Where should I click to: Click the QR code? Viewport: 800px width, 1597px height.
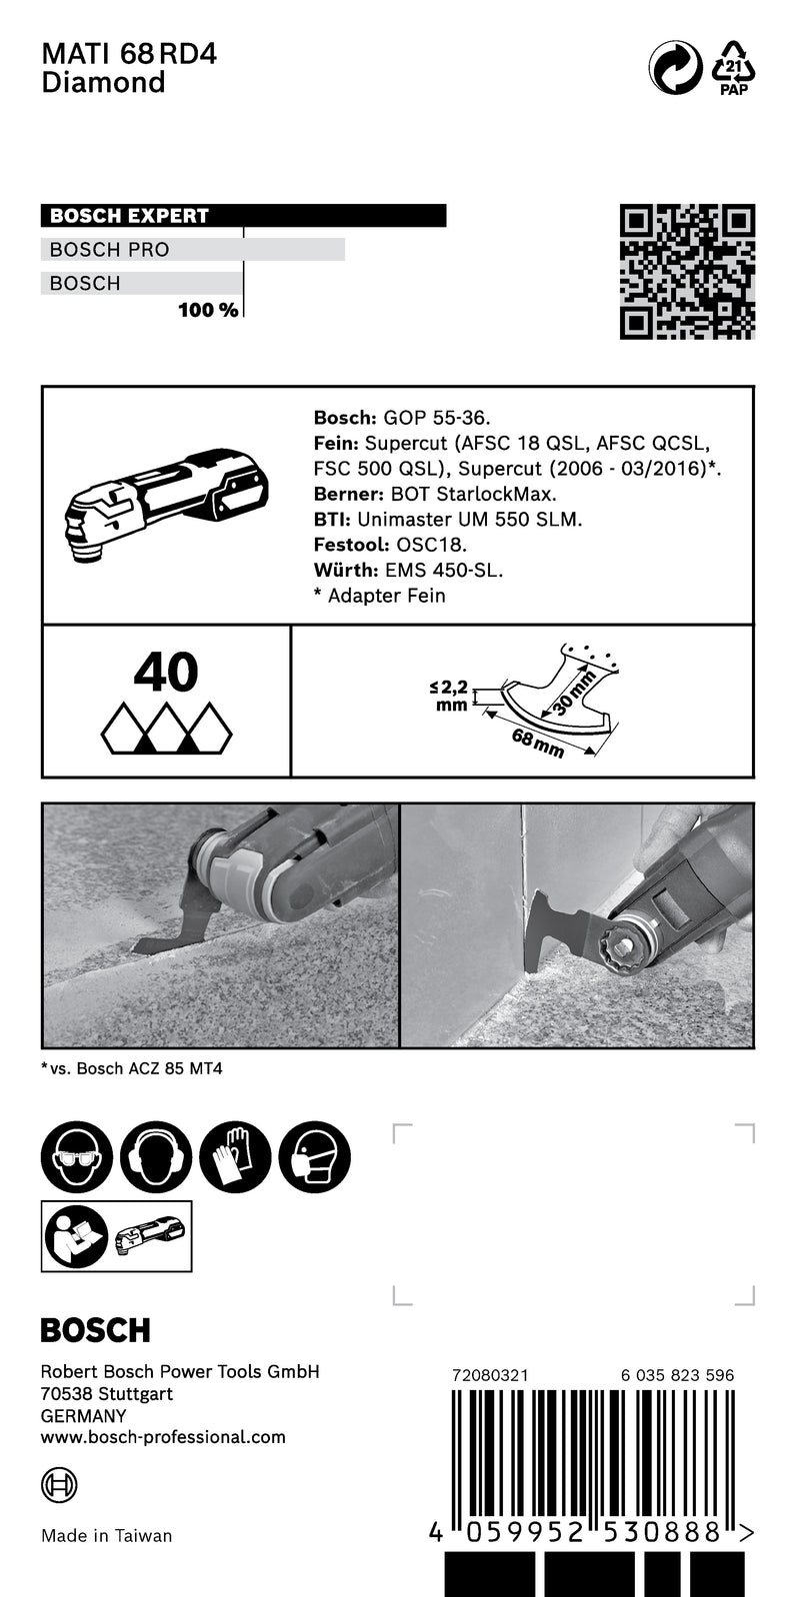click(x=687, y=272)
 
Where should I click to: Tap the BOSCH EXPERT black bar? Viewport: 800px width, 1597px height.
click(x=243, y=216)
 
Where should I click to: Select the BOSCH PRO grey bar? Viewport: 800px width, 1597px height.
click(x=193, y=250)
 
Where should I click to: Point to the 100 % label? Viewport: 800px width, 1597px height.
click(x=208, y=310)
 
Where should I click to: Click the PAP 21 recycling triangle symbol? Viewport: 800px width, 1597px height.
click(x=734, y=68)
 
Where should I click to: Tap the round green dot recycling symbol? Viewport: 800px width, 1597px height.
click(x=676, y=68)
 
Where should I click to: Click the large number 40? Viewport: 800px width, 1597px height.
click(x=166, y=673)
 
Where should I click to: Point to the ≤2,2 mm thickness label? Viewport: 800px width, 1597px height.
click(x=450, y=696)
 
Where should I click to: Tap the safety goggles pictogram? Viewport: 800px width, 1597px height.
click(x=76, y=1156)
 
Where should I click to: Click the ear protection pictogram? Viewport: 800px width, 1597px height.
click(x=156, y=1156)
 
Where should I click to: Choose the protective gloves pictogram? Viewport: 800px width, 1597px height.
click(x=235, y=1156)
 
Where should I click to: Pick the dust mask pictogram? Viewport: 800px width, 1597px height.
click(x=315, y=1156)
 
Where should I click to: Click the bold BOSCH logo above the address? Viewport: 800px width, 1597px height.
click(x=95, y=1330)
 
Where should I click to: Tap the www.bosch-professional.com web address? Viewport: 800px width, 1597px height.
click(x=163, y=1437)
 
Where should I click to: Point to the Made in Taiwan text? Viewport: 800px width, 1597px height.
click(x=106, y=1536)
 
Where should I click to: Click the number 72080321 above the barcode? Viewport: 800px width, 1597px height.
click(x=490, y=1375)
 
